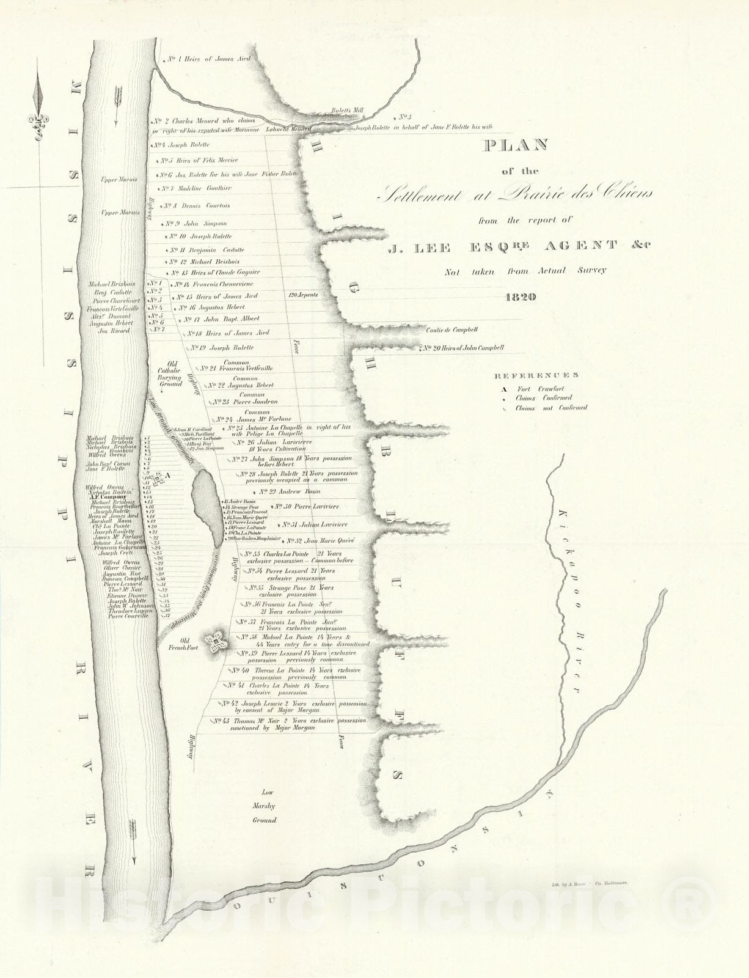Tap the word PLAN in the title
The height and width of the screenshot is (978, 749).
(515, 145)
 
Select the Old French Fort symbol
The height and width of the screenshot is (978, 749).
(216, 641)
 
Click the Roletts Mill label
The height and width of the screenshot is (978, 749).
(347, 111)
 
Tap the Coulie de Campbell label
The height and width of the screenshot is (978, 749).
(451, 330)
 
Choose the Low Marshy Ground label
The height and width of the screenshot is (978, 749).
(265, 806)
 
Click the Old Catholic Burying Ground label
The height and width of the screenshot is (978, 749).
(169, 373)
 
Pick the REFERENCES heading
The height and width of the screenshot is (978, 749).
(536, 375)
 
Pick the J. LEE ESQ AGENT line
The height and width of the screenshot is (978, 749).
(519, 246)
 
